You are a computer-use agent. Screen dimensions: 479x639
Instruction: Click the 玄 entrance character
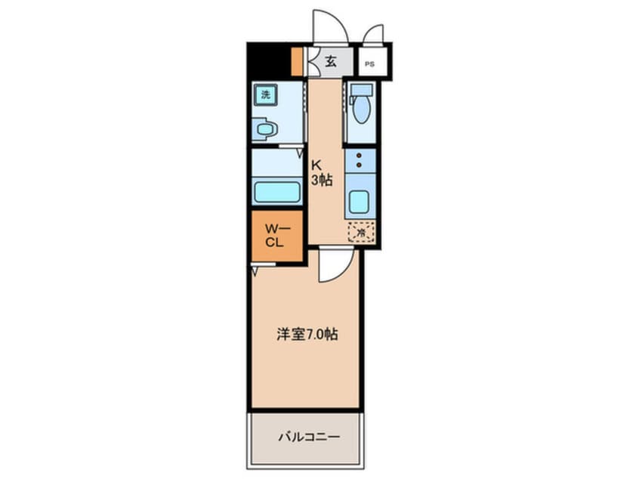[x=331, y=62]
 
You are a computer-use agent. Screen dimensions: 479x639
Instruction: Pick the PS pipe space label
[x=369, y=63]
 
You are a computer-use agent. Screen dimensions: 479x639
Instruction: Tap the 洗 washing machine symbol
[x=265, y=94]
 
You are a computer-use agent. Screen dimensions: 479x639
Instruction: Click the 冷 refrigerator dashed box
[x=361, y=233]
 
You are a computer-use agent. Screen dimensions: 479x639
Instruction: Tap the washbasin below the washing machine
[x=264, y=130]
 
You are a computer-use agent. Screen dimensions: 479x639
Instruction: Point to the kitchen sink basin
[x=357, y=202]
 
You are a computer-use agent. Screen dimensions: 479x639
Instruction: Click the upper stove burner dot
[x=360, y=153]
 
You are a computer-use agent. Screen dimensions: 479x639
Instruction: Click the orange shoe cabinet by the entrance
[x=297, y=62]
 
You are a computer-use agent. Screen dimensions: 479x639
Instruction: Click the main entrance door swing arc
[x=330, y=27]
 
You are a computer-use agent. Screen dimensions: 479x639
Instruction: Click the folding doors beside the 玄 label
[x=311, y=62]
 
